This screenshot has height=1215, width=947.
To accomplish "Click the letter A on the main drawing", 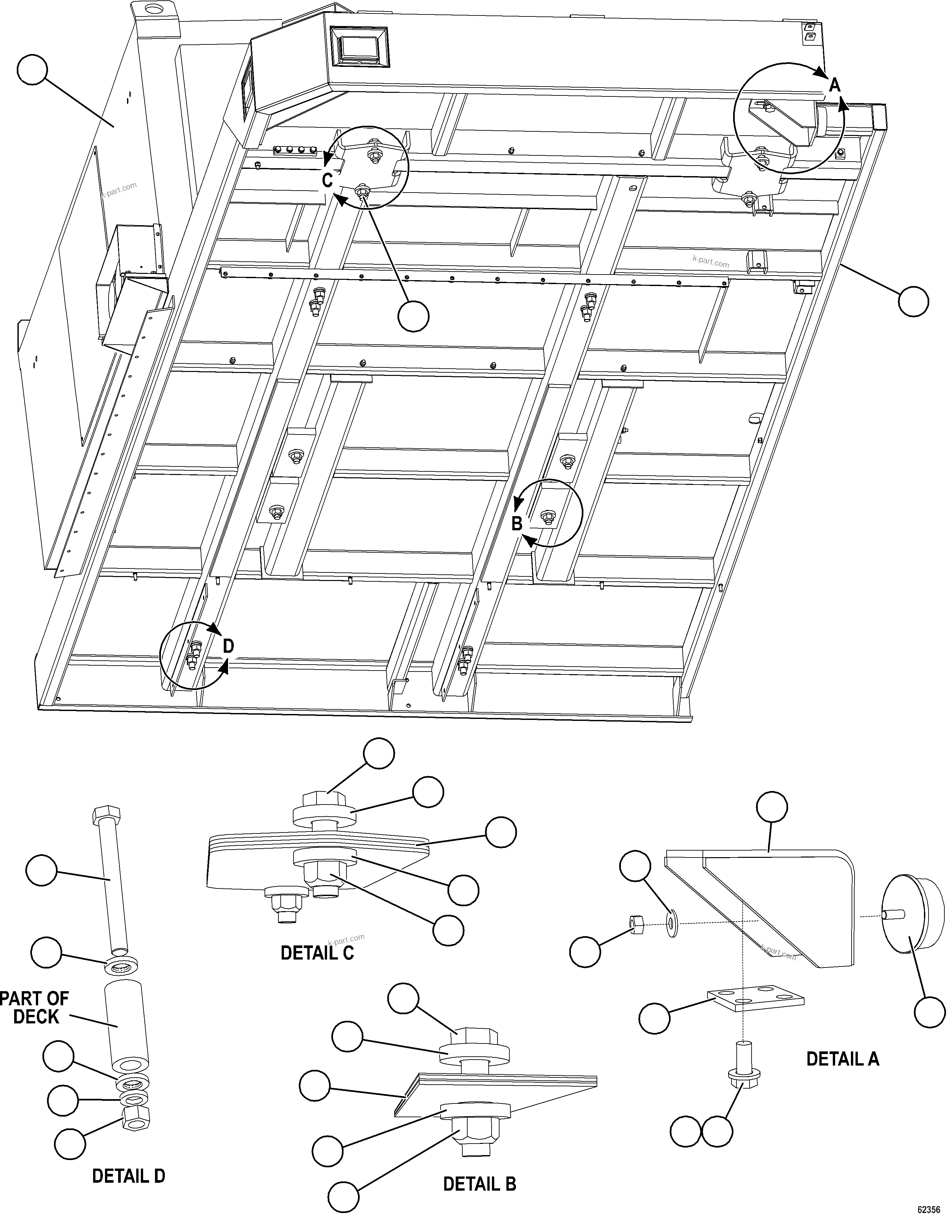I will [x=834, y=85].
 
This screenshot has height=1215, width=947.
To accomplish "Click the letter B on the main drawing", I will [x=517, y=524].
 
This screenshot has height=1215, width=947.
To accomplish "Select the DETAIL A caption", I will [x=842, y=1059].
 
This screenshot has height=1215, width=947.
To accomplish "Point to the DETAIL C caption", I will [x=317, y=953].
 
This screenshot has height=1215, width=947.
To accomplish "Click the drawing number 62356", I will [x=928, y=1209].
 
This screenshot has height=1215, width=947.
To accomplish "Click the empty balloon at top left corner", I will [x=32, y=69].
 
